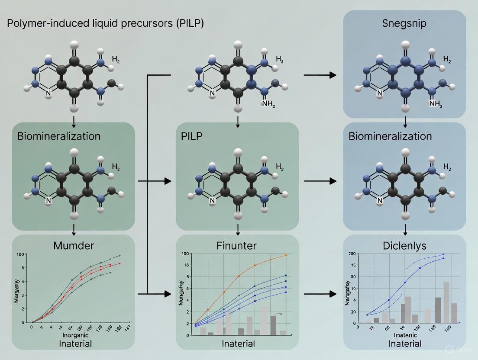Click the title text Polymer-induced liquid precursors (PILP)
pyautogui.click(x=105, y=23)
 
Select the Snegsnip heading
pyautogui.click(x=404, y=23)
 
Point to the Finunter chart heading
pyautogui.click(x=236, y=246)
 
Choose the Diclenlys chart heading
pyautogui.click(x=405, y=246)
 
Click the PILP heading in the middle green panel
pyautogui.click(x=191, y=136)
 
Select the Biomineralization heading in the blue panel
pyautogui.click(x=390, y=136)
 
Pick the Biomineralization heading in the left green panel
pyautogui.click(x=59, y=136)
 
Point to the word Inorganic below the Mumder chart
pyautogui.click(x=75, y=335)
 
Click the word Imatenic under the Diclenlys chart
pyautogui.click(x=404, y=335)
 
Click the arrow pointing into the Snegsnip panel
pyautogui.click(x=320, y=75)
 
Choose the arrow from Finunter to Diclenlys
pyautogui.click(x=320, y=294)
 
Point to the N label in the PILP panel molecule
pyautogui.click(x=212, y=200)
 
